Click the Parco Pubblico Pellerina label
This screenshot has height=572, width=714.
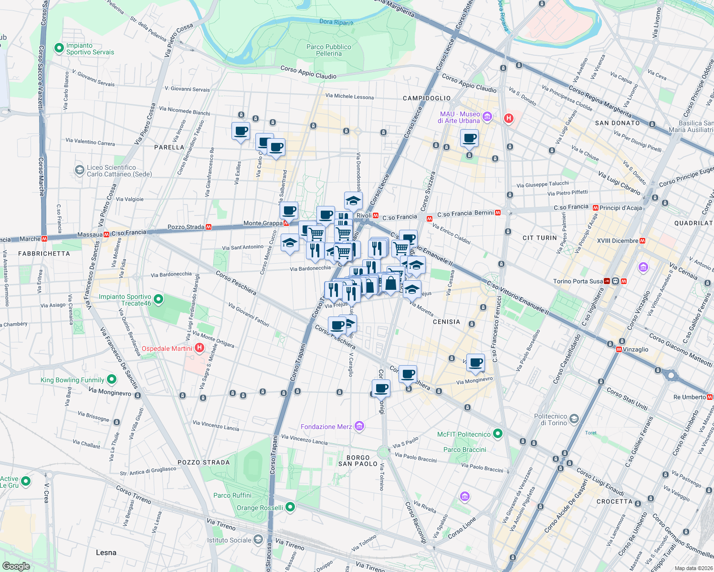(328, 50)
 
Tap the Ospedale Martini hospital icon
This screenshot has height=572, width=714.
(199, 348)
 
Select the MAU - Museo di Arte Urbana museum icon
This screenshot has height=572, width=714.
(487, 116)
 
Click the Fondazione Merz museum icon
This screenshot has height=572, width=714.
(359, 426)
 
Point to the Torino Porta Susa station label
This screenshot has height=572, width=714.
(578, 281)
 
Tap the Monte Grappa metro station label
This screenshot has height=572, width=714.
(262, 223)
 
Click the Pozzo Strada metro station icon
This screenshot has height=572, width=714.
(209, 227)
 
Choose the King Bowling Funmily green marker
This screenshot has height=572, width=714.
(112, 379)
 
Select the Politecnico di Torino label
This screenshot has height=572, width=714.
(550, 419)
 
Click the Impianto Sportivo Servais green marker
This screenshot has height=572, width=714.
(59, 48)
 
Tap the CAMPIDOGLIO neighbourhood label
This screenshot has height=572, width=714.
(427, 98)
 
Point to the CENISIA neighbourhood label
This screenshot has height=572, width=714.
(446, 322)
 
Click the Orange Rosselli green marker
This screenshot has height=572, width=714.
(290, 507)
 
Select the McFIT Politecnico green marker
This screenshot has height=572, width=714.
(498, 434)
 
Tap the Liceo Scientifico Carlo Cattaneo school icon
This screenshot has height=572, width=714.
(79, 170)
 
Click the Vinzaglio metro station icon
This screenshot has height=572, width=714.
(619, 349)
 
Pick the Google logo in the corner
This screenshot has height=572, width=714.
(16, 566)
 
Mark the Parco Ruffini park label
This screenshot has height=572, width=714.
(232, 495)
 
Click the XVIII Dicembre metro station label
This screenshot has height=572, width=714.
(618, 241)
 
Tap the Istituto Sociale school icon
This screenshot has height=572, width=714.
(258, 540)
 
